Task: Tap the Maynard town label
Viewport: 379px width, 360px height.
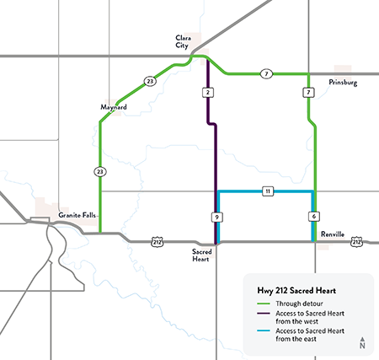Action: point(113,107)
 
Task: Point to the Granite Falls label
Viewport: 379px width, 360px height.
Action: point(78,216)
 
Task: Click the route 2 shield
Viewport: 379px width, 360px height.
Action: point(207,91)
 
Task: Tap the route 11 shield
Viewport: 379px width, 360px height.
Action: point(267,191)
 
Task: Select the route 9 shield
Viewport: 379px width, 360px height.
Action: point(216,218)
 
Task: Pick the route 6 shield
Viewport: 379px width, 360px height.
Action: point(313,217)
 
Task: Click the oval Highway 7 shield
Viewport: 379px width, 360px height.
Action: point(265,73)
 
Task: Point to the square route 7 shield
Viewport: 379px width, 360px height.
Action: point(309,91)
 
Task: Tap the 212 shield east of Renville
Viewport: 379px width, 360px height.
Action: point(357,243)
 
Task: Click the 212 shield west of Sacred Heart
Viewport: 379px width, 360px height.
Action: point(157,243)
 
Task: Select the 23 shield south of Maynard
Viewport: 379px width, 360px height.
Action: point(99,171)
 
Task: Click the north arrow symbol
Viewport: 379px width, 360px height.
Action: point(361,341)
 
